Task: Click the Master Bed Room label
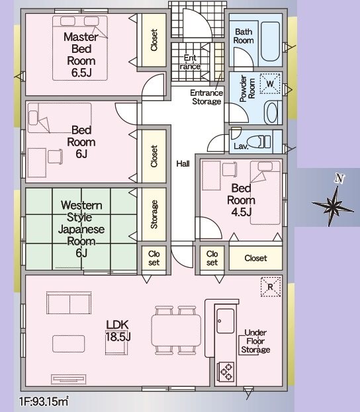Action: click(x=81, y=55)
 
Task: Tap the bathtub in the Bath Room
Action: click(x=270, y=42)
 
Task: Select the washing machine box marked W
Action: click(x=270, y=83)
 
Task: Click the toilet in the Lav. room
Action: click(x=259, y=142)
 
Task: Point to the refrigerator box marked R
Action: click(x=271, y=287)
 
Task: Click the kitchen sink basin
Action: click(x=226, y=321)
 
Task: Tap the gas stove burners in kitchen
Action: click(x=226, y=371)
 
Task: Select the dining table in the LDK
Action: click(x=176, y=330)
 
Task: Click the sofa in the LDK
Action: click(x=69, y=303)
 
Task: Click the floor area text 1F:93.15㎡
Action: click(x=44, y=401)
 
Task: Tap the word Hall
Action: click(x=183, y=164)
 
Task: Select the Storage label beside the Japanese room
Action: click(x=154, y=214)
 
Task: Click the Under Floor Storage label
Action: click(x=255, y=341)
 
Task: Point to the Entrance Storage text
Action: click(x=206, y=97)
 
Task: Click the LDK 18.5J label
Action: click(x=118, y=331)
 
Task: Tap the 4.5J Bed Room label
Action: click(x=241, y=200)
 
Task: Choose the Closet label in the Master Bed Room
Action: click(x=154, y=40)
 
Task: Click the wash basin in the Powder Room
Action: click(x=272, y=112)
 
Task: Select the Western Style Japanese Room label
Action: click(x=81, y=229)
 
